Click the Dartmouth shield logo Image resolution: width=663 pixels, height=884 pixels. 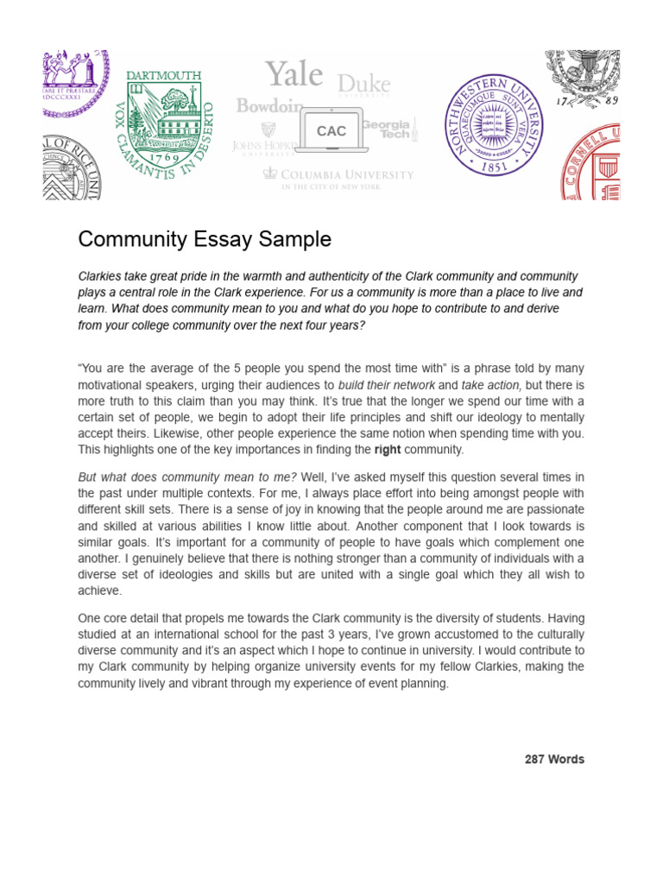pos(163,121)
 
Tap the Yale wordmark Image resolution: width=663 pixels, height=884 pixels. pos(294,74)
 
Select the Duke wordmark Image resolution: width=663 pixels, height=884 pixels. pos(363,85)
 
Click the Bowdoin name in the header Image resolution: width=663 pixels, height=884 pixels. pos(269,106)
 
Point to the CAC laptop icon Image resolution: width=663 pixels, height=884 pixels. pos(331,131)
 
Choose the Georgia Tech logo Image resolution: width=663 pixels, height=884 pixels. pos(388,130)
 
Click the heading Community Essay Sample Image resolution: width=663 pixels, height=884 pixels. pos(205,239)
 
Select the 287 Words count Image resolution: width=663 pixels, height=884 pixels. pos(554,760)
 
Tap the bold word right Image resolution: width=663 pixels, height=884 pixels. pos(388,450)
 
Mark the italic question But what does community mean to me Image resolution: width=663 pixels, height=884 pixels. pos(187,477)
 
